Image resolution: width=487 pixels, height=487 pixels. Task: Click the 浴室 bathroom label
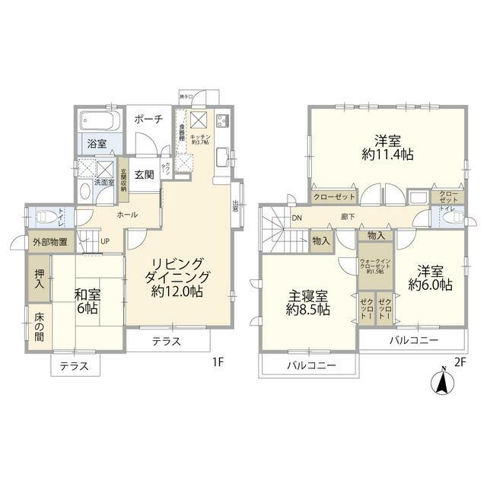tap(96, 142)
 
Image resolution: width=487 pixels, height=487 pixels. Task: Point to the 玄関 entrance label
tap(145, 174)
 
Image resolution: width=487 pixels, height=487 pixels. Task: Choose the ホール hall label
tap(127, 215)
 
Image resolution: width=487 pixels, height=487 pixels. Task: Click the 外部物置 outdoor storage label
tap(49, 243)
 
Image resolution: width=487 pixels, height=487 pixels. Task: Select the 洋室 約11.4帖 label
tap(387, 148)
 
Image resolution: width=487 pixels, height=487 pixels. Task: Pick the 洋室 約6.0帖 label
tap(430, 278)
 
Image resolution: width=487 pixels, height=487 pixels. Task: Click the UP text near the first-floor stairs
tap(106, 243)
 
